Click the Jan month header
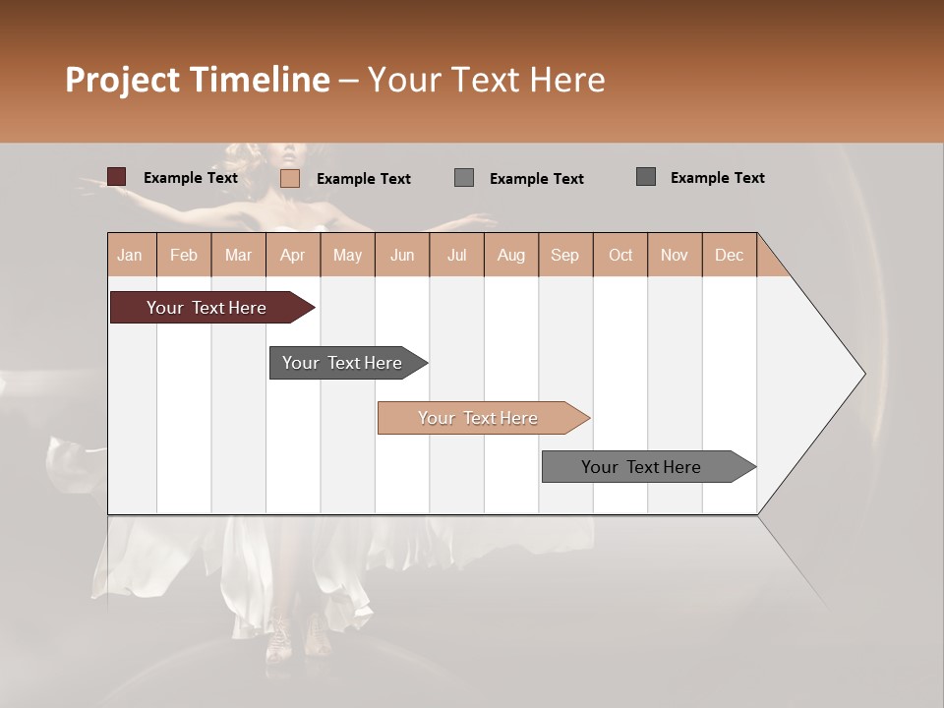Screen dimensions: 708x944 coord(130,255)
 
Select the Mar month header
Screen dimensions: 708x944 coord(238,255)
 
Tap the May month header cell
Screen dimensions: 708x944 coord(347,255)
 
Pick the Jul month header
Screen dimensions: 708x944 coord(456,255)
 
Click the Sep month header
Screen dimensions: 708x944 coord(564,255)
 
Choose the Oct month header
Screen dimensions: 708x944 coord(620,255)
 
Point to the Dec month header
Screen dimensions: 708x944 coord(729,255)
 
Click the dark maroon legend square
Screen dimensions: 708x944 coord(117,177)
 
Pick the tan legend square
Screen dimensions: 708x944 coord(290,178)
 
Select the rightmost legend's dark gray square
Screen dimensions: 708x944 coord(646,177)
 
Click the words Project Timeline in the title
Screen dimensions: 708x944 coord(197,80)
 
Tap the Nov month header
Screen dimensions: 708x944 coord(675,255)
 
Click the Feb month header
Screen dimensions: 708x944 coord(184,255)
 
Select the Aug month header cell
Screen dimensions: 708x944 coord(510,255)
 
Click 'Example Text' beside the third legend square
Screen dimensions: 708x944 coord(536,178)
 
